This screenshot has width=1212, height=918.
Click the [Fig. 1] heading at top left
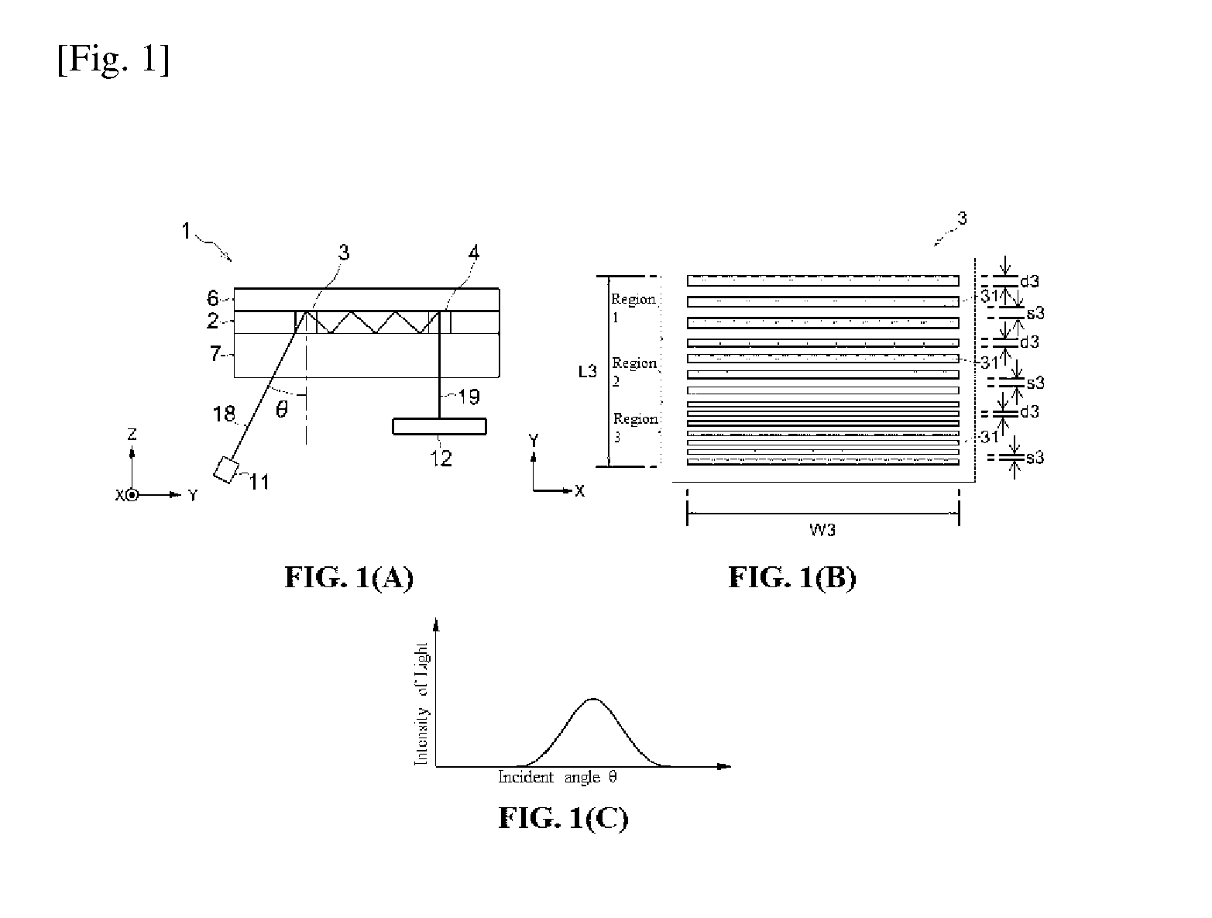(113, 59)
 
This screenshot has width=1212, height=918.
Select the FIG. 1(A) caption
(349, 578)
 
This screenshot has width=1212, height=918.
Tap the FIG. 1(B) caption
(792, 578)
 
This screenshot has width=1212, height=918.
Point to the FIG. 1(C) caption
(563, 819)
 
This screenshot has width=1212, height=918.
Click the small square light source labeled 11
(226, 470)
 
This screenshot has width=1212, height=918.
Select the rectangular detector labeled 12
(440, 426)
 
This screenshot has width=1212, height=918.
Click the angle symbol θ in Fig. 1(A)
(282, 409)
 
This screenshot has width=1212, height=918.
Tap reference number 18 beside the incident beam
(224, 414)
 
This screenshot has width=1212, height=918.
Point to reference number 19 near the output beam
(469, 397)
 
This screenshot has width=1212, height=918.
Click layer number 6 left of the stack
(212, 298)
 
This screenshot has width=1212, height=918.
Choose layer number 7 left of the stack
(215, 353)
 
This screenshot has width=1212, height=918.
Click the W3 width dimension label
(822, 530)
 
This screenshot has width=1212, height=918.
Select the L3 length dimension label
(588, 372)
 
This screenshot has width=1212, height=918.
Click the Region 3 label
(636, 428)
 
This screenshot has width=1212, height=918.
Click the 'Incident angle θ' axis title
(557, 777)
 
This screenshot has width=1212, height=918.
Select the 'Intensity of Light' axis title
(421, 703)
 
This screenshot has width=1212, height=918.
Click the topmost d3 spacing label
(1029, 281)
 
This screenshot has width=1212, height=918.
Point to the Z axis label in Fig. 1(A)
(132, 434)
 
